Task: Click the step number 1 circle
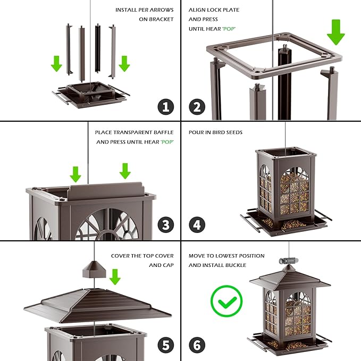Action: coord(165,106)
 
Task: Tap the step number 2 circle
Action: coord(197,106)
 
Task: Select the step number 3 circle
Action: coord(165,224)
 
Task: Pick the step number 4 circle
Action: coord(197,224)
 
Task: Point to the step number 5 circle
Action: coord(165,345)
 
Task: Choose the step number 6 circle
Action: coord(197,345)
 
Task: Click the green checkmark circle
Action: coord(226,301)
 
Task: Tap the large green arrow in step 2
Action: coord(335,31)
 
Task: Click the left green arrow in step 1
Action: coord(56,63)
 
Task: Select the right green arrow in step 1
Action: coord(124,63)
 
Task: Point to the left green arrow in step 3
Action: coord(75,173)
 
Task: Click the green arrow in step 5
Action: coord(115,276)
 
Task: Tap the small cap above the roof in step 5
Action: coord(94,270)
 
